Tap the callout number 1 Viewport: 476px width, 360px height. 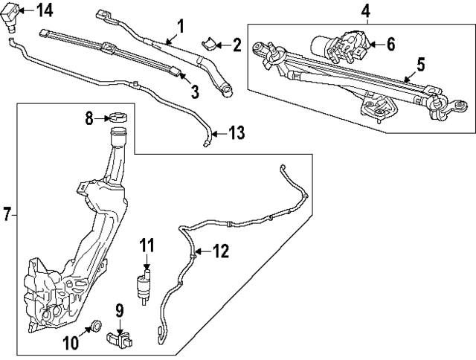[x=179, y=28]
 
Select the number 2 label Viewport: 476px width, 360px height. [x=237, y=45]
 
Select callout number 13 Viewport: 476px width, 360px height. [x=236, y=133]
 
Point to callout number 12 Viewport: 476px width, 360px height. [x=222, y=251]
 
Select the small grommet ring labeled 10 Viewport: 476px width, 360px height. [x=95, y=325]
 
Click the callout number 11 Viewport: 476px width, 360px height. [x=147, y=244]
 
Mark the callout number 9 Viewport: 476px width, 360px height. [x=118, y=309]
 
